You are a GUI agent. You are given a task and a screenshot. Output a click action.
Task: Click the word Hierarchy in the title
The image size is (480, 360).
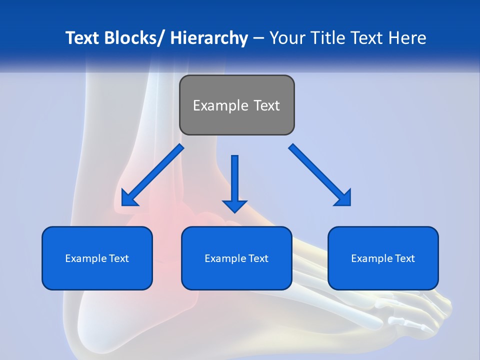coord(209,38)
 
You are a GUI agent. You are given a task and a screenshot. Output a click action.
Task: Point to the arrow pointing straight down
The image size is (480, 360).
coord(234,180)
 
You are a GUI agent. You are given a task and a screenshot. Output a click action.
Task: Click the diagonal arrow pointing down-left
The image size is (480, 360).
coord(152,175)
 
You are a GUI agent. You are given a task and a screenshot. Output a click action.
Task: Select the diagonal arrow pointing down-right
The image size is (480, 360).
coord(320,175)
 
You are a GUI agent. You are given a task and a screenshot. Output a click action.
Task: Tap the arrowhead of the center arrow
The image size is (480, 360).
coord(234,205)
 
